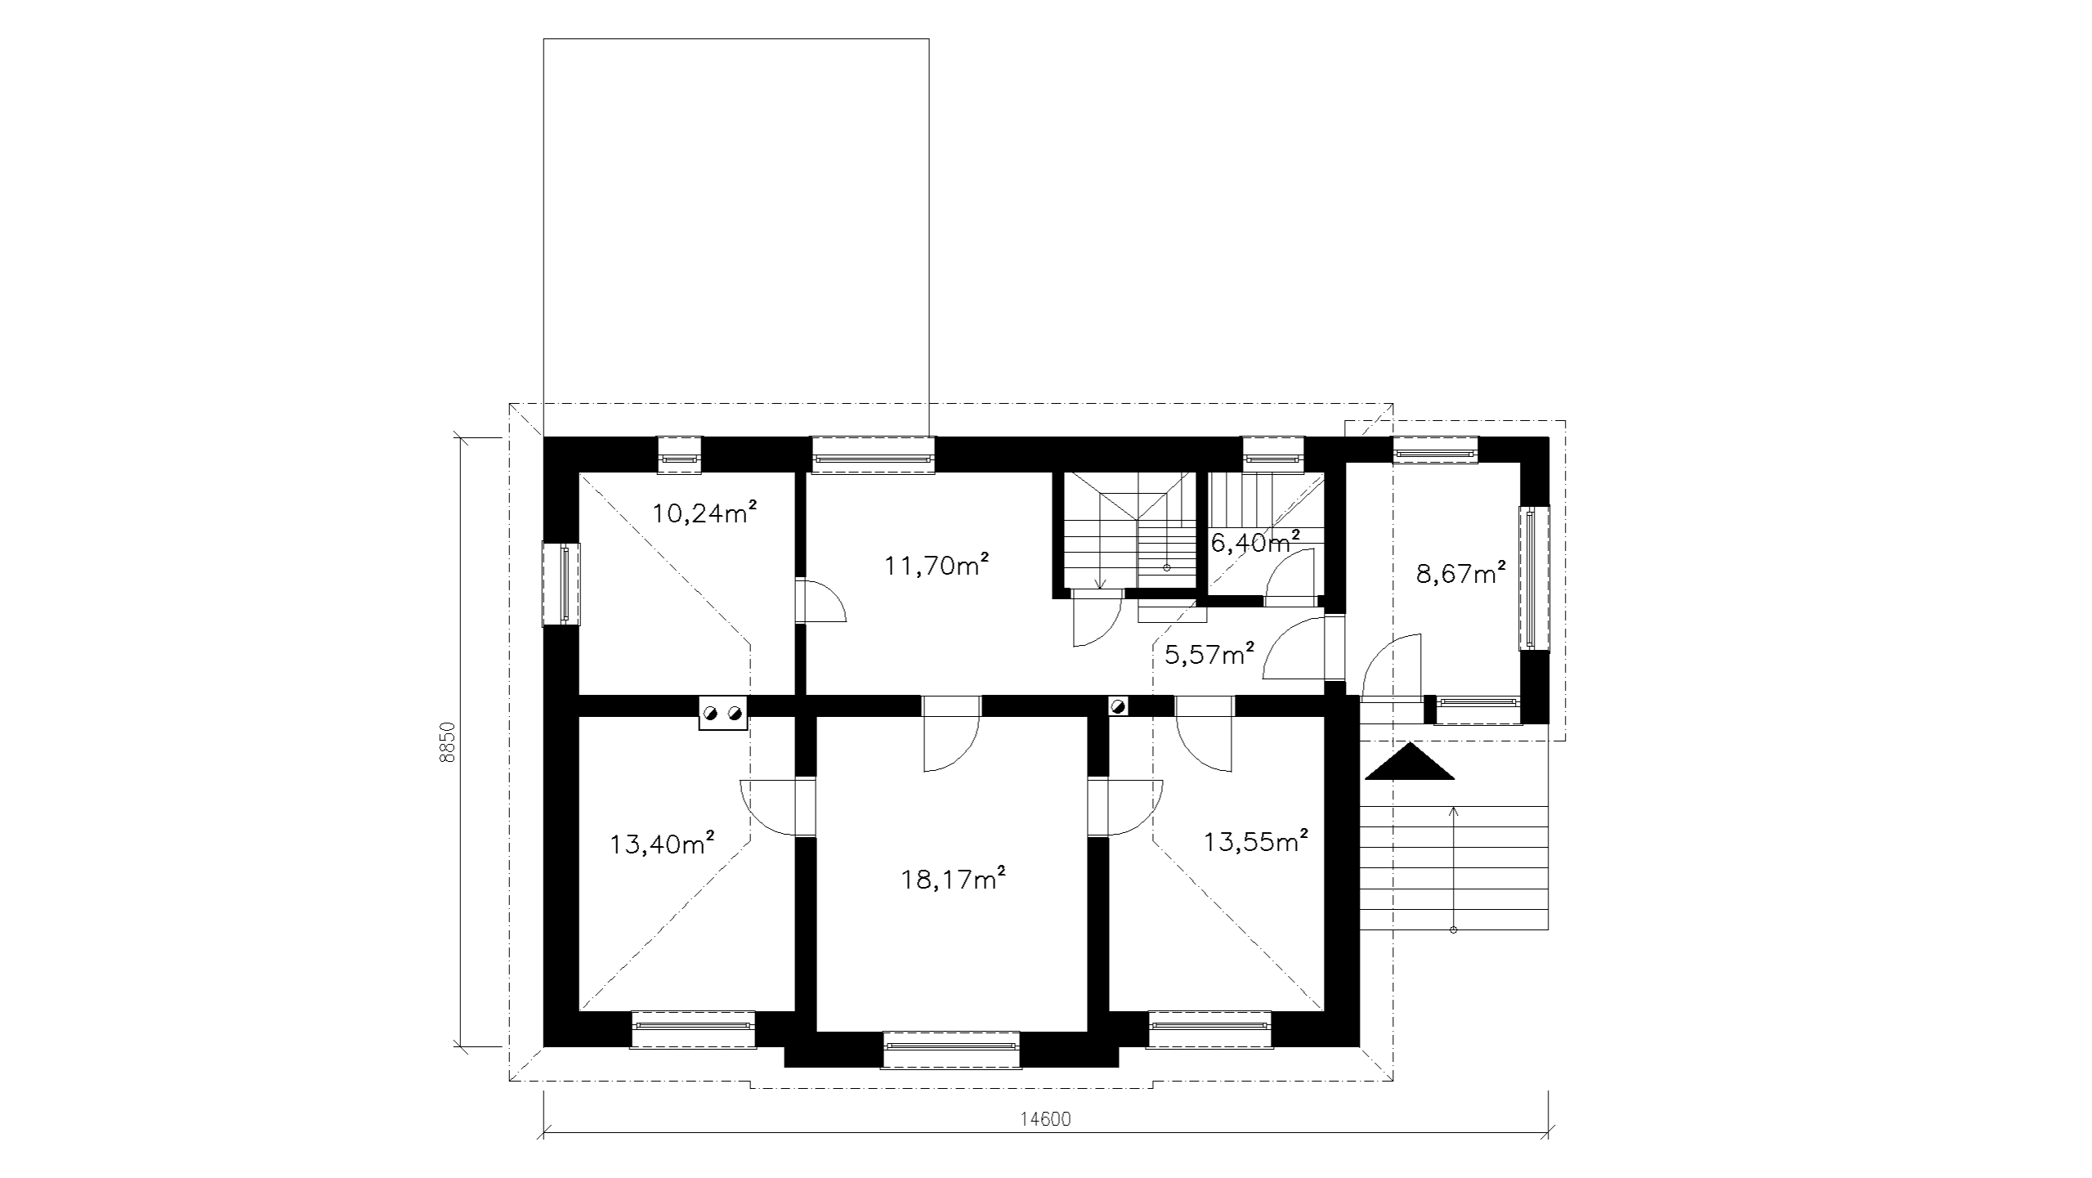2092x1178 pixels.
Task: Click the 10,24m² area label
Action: pos(704,513)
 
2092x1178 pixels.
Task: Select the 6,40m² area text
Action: pos(1255,541)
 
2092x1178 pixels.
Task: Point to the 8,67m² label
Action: pos(1461,574)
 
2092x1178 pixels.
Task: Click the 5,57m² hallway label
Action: pos(1209,654)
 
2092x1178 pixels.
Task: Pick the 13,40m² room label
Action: pos(663,843)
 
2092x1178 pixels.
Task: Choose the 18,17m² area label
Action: pos(953,879)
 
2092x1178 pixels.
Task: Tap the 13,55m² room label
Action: pos(1257,841)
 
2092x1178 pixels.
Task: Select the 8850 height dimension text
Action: pos(446,742)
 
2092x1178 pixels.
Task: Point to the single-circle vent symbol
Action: pos(1118,705)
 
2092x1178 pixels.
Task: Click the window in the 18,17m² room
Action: pos(952,1049)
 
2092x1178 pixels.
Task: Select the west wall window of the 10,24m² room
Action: pos(561,584)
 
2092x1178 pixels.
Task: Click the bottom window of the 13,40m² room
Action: pos(694,1029)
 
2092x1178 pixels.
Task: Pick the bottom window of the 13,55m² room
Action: pos(1210,1029)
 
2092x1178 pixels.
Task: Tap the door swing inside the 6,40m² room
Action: pos(1289,577)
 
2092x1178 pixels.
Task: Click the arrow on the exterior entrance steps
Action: pos(1454,869)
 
